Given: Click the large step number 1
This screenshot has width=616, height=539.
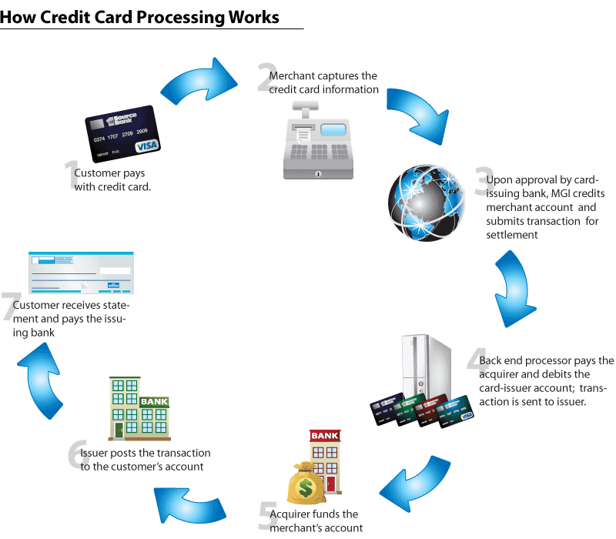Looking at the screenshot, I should [x=72, y=175].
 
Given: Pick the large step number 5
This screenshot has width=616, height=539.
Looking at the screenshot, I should [x=266, y=517].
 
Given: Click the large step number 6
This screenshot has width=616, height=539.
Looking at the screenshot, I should [x=74, y=454].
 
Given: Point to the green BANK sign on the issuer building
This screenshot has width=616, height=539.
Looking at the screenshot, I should [x=154, y=402].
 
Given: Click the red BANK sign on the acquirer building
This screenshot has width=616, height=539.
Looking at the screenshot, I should [x=324, y=437].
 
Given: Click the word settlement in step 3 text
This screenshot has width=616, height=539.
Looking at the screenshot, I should [x=512, y=235].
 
